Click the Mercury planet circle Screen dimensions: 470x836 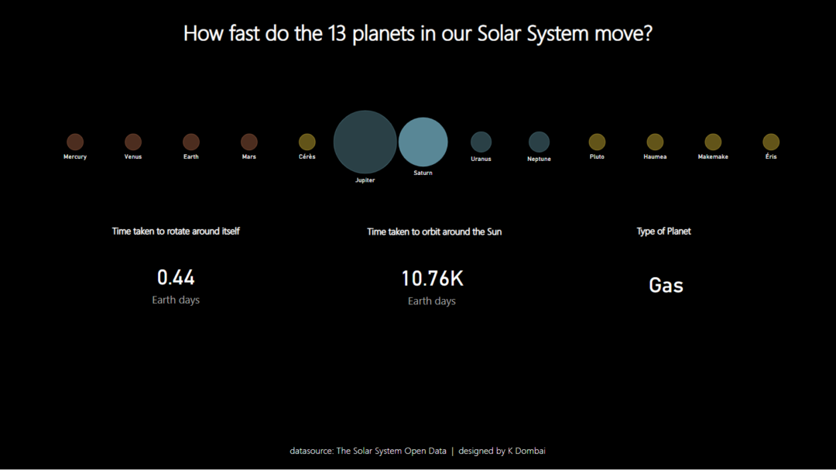click(75, 142)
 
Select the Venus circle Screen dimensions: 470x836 click(133, 142)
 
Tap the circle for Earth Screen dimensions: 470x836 click(191, 142)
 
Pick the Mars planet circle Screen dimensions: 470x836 click(249, 142)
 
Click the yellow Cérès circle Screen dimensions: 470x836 click(307, 142)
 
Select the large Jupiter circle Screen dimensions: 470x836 click(365, 142)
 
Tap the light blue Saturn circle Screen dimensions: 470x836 click(423, 142)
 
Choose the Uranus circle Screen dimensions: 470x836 click(481, 142)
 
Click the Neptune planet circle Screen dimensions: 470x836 click(539, 142)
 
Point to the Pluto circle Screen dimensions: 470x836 click(597, 142)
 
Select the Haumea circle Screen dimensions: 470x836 click(655, 142)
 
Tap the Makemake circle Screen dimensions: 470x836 click(713, 142)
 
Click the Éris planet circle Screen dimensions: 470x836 click(771, 142)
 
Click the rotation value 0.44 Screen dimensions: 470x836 click(176, 277)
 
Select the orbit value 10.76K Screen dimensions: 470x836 click(432, 279)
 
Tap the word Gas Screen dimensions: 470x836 click(666, 285)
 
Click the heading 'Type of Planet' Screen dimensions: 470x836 click(663, 232)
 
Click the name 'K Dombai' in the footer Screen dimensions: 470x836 click(526, 451)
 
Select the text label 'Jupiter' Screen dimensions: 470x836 click(365, 180)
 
